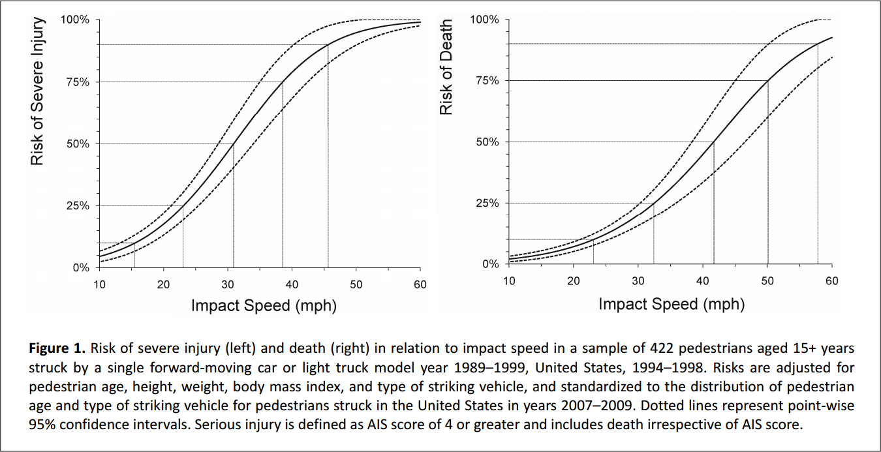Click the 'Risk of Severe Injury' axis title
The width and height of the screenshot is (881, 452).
tap(38, 91)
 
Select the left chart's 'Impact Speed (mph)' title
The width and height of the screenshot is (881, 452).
tap(264, 305)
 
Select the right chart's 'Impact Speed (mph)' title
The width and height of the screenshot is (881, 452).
tap(672, 303)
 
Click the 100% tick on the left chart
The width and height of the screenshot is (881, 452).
tap(75, 20)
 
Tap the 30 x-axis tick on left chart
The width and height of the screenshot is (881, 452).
tap(228, 284)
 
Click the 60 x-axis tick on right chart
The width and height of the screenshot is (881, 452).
tap(831, 280)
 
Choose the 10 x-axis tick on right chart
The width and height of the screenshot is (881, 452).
tap(509, 280)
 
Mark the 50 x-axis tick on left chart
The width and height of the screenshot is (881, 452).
tap(356, 284)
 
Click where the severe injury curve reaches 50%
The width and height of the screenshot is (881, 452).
tap(234, 143)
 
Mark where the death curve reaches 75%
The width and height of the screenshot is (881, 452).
tap(768, 80)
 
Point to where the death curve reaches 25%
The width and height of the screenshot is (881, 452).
tap(654, 203)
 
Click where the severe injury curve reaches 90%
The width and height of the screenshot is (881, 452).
tap(328, 44)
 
